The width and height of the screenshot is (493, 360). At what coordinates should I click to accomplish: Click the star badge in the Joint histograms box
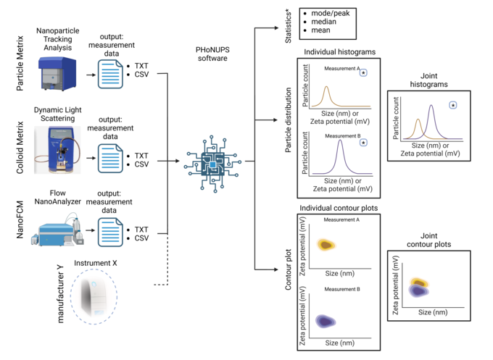[452, 106]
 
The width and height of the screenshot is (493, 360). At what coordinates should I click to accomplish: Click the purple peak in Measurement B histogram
[339, 149]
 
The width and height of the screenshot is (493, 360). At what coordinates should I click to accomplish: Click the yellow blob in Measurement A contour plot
[327, 245]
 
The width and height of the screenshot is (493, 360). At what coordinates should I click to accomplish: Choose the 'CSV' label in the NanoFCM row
[141, 238]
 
